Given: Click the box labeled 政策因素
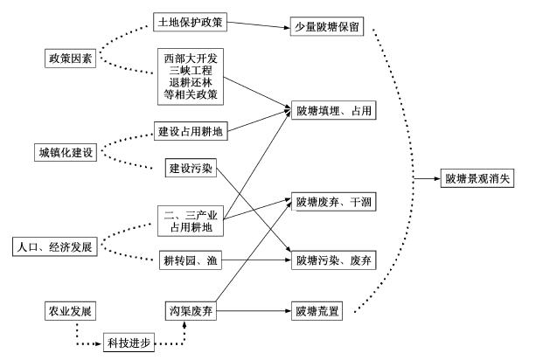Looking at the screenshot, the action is (x=70, y=59).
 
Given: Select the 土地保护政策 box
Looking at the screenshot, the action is (x=190, y=22).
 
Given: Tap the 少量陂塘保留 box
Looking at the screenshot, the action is (x=327, y=26).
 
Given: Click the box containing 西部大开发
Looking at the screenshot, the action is (x=191, y=77).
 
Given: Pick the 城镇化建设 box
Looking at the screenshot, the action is (x=66, y=152).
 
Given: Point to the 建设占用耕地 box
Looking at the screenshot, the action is (x=191, y=131).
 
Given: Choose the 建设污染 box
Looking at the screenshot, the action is (x=191, y=168).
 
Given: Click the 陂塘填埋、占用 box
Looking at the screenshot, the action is (x=334, y=110).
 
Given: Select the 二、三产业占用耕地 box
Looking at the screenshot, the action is (x=191, y=221).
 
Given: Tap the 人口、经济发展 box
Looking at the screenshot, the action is (x=55, y=246).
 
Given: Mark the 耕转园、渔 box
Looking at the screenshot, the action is (x=191, y=260).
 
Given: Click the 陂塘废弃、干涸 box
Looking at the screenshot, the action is (x=334, y=202).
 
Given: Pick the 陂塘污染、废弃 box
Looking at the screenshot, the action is (x=334, y=260).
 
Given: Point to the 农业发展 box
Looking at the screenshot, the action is (x=70, y=311).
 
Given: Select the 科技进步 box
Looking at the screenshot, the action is (x=129, y=343).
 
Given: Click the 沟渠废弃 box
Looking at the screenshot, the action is (x=191, y=311).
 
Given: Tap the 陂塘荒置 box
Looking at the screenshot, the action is (x=317, y=311).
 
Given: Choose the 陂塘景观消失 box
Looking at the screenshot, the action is (x=477, y=178).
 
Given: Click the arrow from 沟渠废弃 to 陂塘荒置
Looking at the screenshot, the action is (x=254, y=311).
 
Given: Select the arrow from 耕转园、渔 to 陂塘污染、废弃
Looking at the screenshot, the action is (x=256, y=260).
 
